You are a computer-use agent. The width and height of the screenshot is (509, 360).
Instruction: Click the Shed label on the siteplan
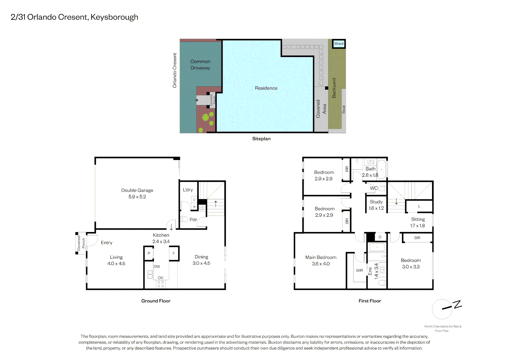(x=338, y=44)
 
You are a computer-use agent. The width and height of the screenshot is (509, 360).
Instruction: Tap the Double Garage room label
(x=137, y=193)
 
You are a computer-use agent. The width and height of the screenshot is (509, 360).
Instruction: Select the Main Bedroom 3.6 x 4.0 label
(x=321, y=260)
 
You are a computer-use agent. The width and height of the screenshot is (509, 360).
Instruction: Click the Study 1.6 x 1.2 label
(x=376, y=205)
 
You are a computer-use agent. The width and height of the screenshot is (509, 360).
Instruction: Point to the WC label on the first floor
(x=374, y=188)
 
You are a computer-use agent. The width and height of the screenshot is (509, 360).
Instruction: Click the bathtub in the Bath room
(x=381, y=169)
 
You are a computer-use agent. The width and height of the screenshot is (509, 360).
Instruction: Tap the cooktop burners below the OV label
(x=161, y=284)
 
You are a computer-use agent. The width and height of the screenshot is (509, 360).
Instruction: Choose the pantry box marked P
(x=149, y=253)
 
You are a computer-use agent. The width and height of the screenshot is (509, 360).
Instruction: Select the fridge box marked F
(x=174, y=253)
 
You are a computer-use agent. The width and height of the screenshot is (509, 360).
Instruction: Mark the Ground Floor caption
(x=156, y=301)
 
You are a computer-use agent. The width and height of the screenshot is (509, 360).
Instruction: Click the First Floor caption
(x=370, y=301)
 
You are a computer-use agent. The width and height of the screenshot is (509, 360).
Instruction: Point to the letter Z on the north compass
(x=458, y=304)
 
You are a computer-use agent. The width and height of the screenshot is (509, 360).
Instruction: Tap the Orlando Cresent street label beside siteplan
(x=175, y=70)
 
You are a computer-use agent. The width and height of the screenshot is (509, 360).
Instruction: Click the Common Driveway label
(x=200, y=65)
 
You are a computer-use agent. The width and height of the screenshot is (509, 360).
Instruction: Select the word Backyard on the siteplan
(x=334, y=88)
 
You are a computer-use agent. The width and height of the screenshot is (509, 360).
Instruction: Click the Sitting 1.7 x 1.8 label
(x=418, y=222)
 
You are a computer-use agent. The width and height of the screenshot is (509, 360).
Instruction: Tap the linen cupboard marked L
(x=419, y=206)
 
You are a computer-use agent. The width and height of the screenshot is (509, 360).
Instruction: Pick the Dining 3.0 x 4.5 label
(x=201, y=260)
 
